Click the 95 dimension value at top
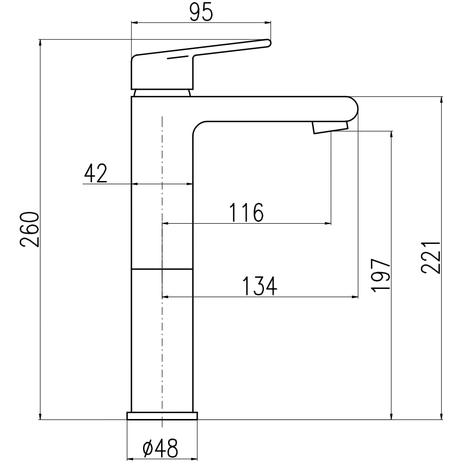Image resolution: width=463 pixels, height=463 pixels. point(201,13)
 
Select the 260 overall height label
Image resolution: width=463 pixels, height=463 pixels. point(30,229)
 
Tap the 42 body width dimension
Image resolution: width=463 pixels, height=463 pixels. point(95,174)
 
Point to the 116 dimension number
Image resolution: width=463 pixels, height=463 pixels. point(246,213)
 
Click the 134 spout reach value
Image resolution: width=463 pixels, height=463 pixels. point(260,286)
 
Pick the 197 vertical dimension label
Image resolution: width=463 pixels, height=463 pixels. point(381,275)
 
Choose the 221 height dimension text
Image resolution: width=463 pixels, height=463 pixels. point(431,257)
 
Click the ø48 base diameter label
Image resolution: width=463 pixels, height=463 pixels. point(160,449)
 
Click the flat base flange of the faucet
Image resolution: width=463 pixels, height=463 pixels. point(162,416)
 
